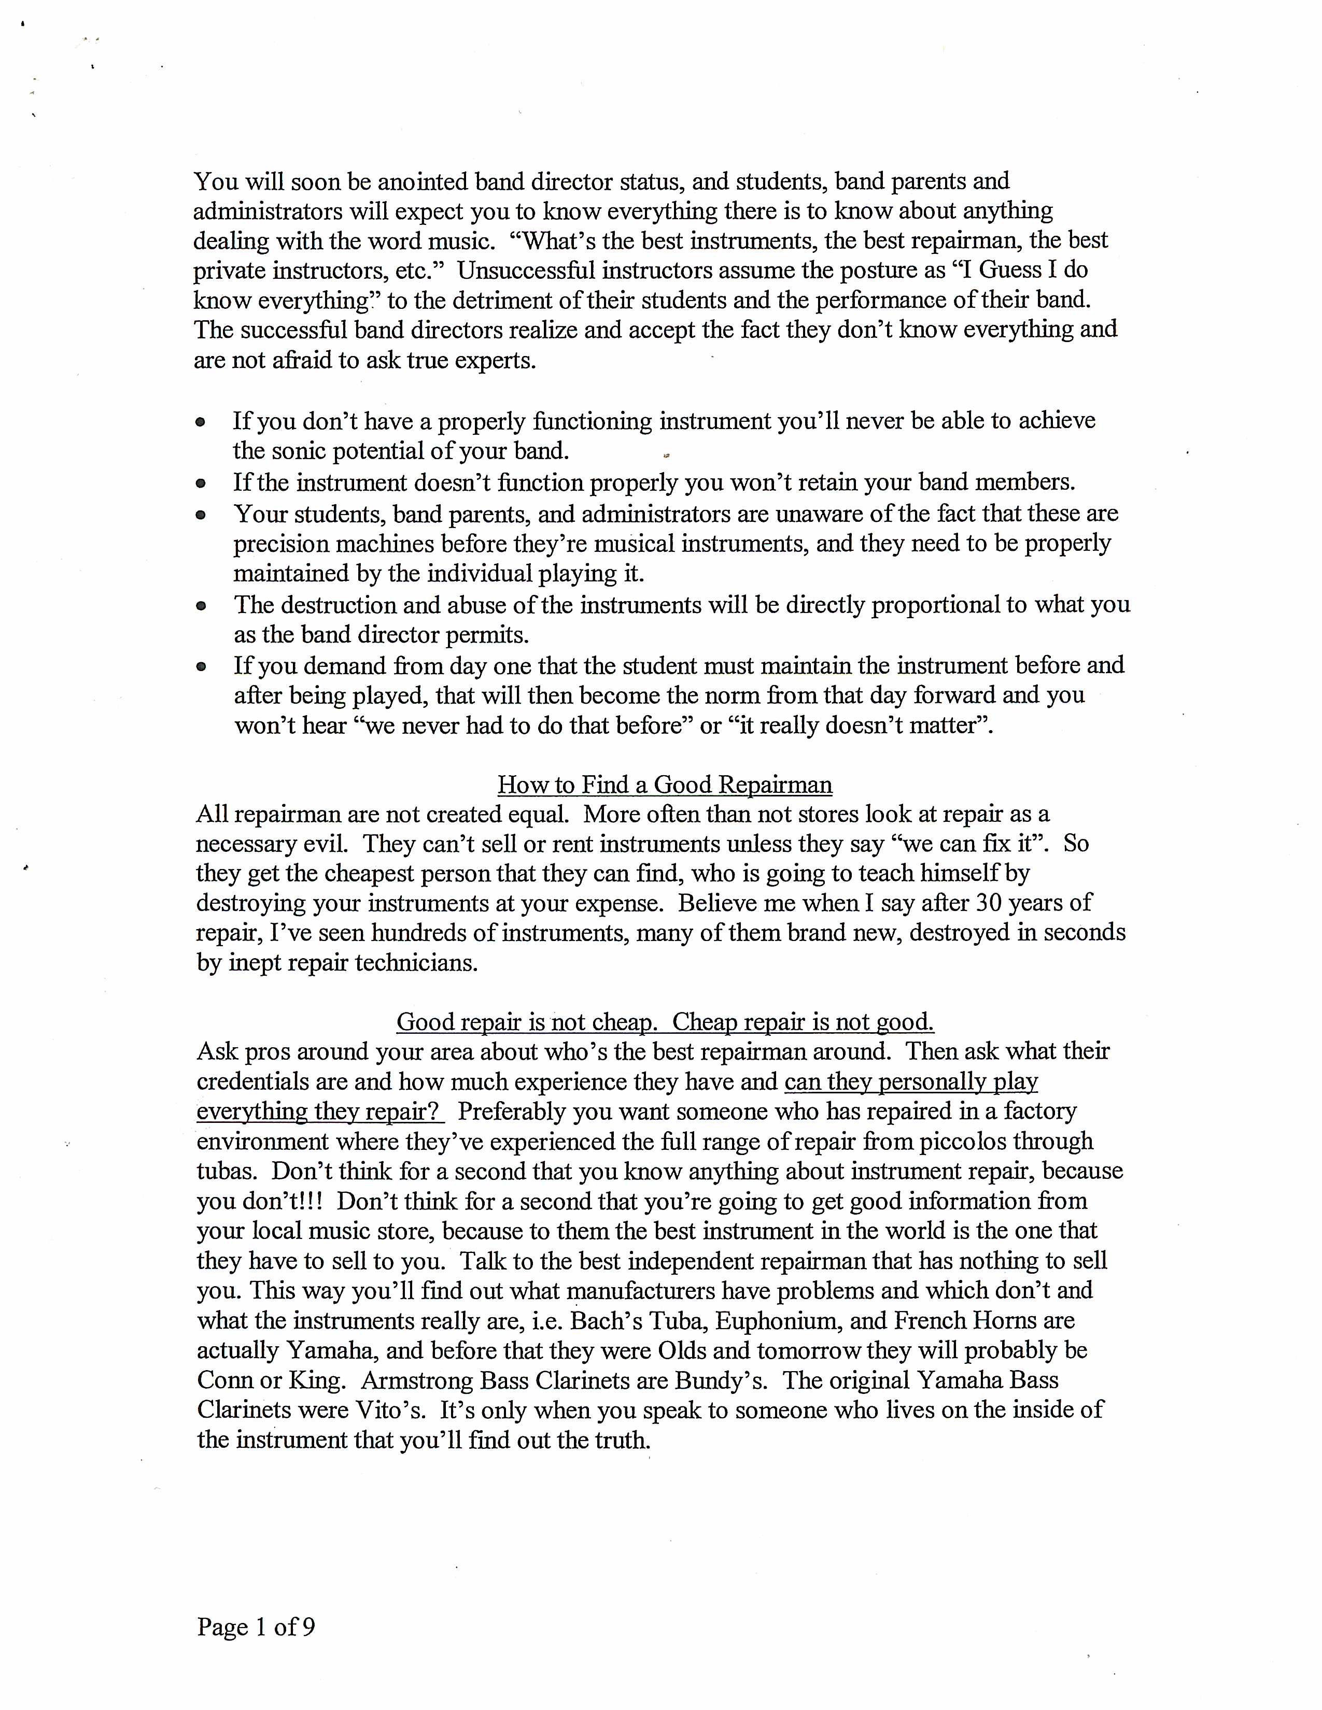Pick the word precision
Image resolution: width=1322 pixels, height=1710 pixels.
pos(284,544)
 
